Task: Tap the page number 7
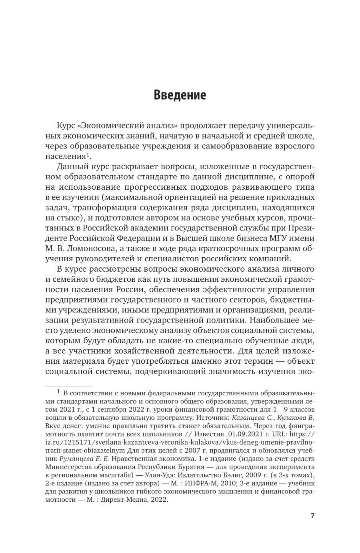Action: point(312,515)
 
